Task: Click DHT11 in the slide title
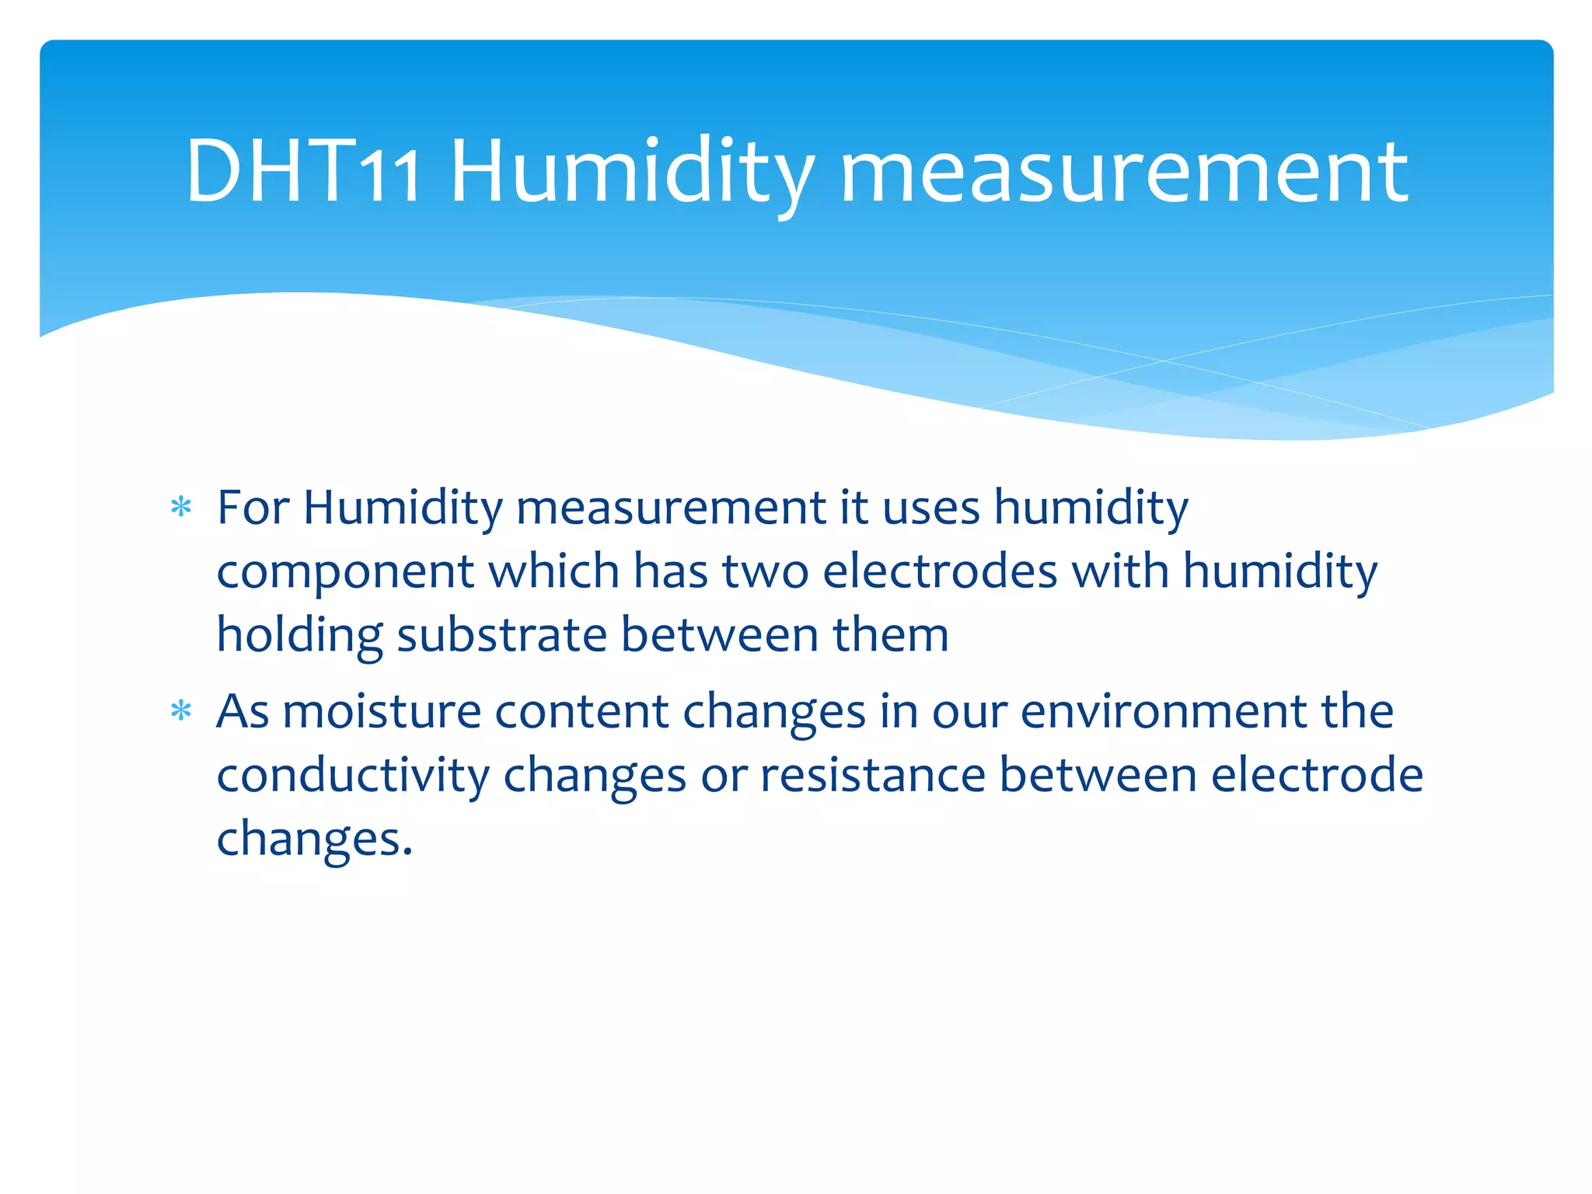303,172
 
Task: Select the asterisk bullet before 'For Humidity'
181,508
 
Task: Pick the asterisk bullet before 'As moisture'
181,710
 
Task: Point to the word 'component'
345,572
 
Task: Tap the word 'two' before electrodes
765,571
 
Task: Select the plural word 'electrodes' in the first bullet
940,571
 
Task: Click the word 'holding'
299,636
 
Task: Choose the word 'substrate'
502,636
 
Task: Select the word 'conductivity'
353,776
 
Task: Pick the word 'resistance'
872,775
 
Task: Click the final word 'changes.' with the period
314,840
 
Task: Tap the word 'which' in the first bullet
553,571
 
